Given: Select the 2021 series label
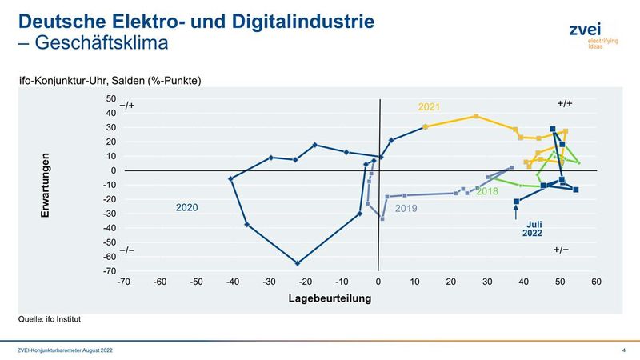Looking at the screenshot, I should [x=429, y=106].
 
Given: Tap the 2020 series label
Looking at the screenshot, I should [x=187, y=207].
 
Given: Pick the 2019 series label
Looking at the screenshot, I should [x=407, y=210].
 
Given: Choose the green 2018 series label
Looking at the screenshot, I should [x=487, y=192].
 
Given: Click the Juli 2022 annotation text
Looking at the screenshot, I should [x=534, y=228].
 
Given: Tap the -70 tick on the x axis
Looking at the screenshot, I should [x=123, y=282].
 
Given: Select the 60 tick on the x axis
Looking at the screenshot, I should [x=597, y=282].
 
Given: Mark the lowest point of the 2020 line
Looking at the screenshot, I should [x=298, y=263].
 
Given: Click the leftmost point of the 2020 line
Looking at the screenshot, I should [x=231, y=179].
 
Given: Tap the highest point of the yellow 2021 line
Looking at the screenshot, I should [x=477, y=116].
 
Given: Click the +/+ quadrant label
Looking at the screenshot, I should [x=565, y=104].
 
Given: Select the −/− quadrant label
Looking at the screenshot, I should [x=126, y=250].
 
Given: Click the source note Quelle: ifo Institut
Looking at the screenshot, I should [x=50, y=318].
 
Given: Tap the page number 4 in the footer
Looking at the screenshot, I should [x=623, y=350].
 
